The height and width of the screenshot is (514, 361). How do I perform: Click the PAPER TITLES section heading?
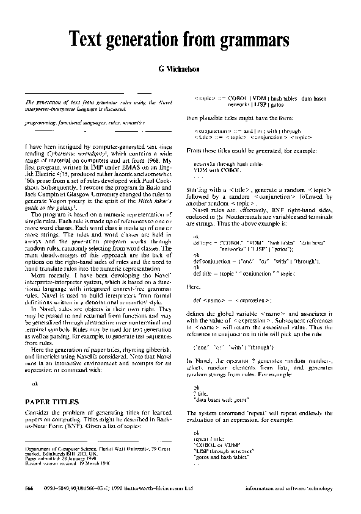point(53,402)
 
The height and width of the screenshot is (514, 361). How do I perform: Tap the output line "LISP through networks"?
point(221,451)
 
